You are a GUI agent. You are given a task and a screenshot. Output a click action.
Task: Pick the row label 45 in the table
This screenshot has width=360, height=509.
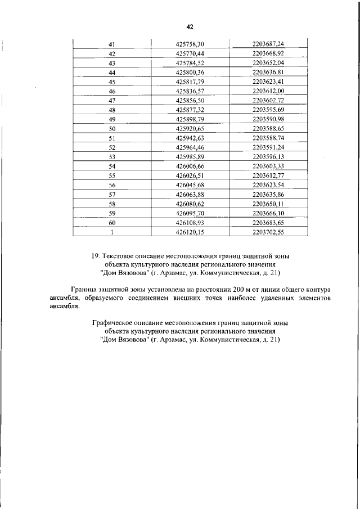coord(112,82)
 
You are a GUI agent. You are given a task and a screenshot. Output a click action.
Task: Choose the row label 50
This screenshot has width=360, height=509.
coord(112,129)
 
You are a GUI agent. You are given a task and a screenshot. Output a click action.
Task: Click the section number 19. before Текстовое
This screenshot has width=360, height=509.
coord(96,256)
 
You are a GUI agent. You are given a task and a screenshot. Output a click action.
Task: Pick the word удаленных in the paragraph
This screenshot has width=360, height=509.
coord(268,298)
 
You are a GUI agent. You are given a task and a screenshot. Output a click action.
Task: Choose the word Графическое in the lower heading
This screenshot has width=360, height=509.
coord(112,324)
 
